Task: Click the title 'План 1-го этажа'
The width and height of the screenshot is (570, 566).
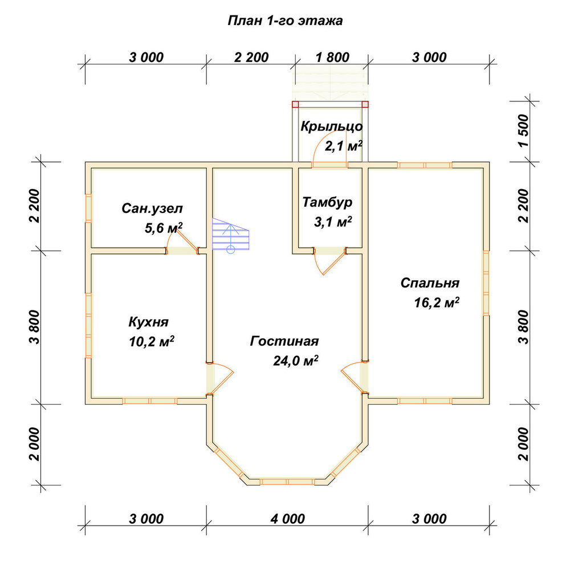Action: pyautogui.click(x=285, y=20)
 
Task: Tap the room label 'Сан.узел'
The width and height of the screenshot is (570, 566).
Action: pyautogui.click(x=152, y=208)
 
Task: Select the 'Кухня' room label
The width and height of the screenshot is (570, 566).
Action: pyautogui.click(x=148, y=322)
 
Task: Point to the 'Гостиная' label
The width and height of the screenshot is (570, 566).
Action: pyautogui.click(x=284, y=341)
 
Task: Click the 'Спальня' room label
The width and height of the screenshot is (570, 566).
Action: pyautogui.click(x=430, y=283)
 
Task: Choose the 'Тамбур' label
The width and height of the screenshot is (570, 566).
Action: pyautogui.click(x=327, y=202)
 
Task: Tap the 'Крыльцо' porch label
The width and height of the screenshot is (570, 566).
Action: pyautogui.click(x=332, y=126)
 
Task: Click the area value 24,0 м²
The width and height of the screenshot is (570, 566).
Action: pyautogui.click(x=295, y=360)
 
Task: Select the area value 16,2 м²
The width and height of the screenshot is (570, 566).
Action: pyautogui.click(x=437, y=302)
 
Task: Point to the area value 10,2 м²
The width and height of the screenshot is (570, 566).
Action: pyautogui.click(x=151, y=341)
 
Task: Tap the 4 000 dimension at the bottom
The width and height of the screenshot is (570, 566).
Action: pyautogui.click(x=287, y=519)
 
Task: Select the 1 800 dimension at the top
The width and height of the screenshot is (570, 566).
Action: pyautogui.click(x=332, y=58)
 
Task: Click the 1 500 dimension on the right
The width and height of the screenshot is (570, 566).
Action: pyautogui.click(x=523, y=131)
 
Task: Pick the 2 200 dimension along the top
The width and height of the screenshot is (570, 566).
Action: pyautogui.click(x=251, y=58)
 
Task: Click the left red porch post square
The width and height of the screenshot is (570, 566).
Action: pyautogui.click(x=295, y=105)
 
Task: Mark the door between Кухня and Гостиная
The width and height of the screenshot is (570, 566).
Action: pyautogui.click(x=220, y=379)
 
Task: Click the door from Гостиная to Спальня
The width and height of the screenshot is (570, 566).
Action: pyautogui.click(x=355, y=378)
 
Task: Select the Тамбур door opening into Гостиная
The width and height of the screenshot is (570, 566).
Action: pyautogui.click(x=329, y=261)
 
